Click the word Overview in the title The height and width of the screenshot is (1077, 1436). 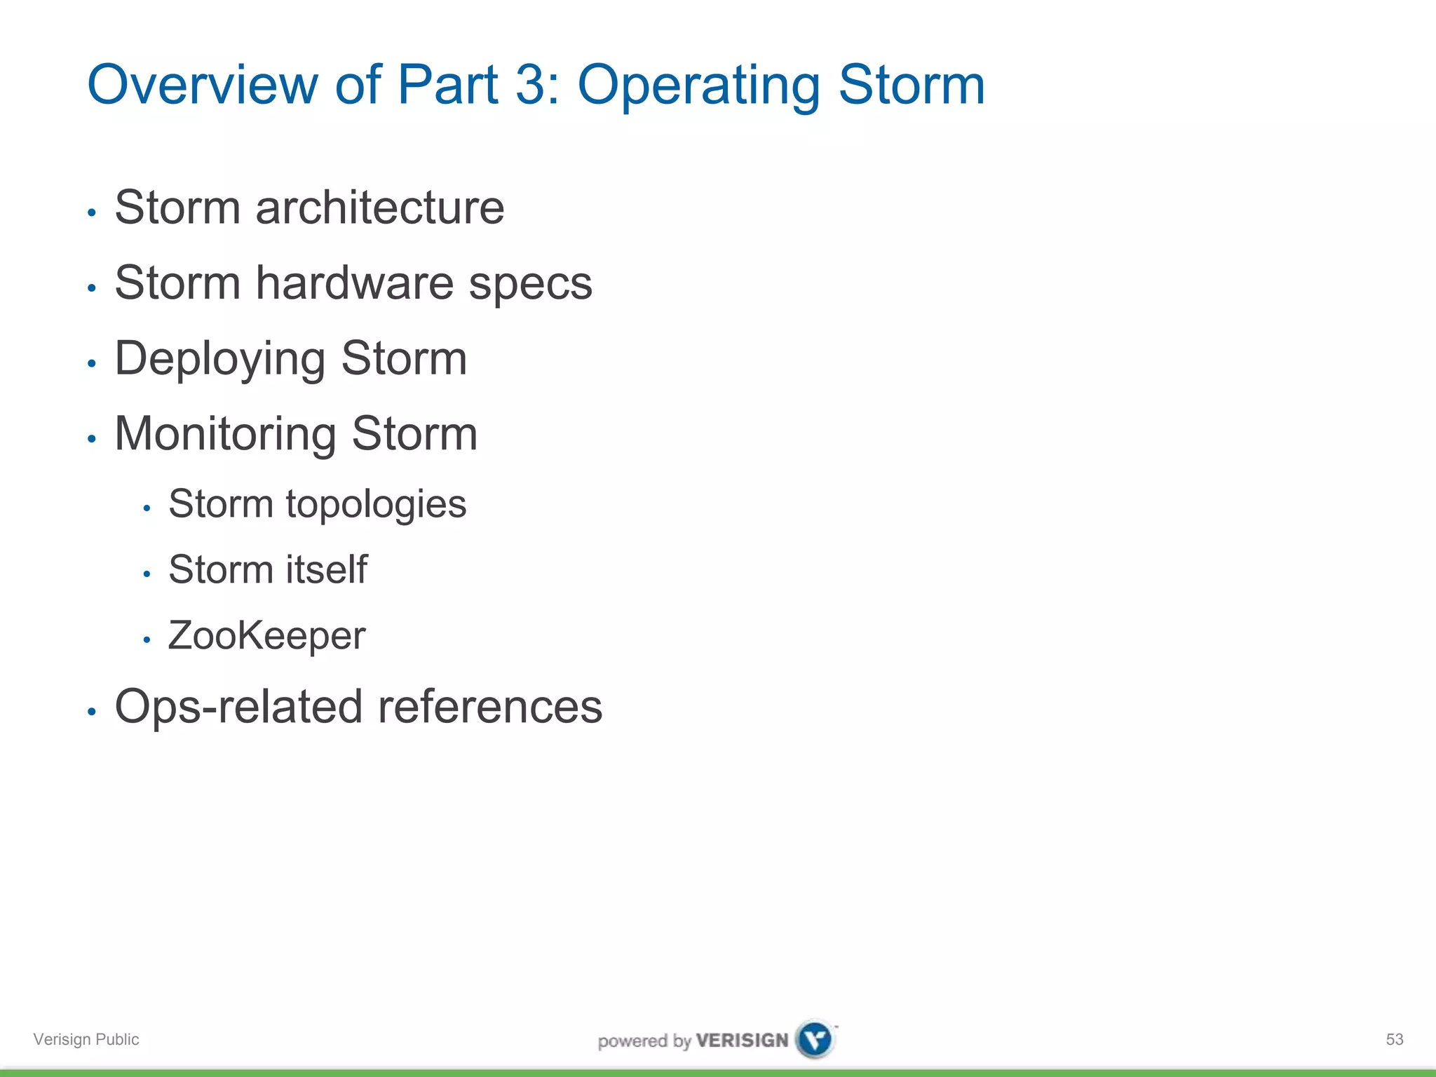(203, 85)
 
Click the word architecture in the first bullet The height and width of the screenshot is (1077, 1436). (379, 208)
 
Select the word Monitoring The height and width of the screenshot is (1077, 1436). (225, 435)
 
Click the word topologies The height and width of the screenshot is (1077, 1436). (376, 506)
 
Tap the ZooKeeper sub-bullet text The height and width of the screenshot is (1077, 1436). (266, 636)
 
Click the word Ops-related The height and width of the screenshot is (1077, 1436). (238, 707)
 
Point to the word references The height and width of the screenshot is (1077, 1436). (490, 707)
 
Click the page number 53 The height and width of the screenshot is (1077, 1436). (1395, 1039)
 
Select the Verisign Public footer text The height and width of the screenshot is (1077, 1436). (86, 1039)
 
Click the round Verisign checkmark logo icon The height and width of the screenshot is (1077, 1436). (815, 1038)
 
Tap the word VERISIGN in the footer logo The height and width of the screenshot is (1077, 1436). (742, 1041)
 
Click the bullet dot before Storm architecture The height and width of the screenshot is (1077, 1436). (91, 212)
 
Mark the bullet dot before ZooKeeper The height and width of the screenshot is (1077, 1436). (147, 639)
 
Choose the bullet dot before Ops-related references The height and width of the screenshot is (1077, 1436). (91, 712)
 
